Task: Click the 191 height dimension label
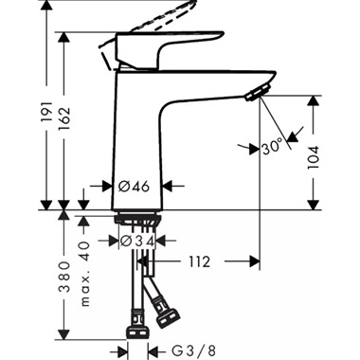[47, 112]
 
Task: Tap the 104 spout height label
[314, 157]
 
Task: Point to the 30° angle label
[272, 147]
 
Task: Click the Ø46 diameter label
[134, 187]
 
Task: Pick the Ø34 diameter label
[136, 242]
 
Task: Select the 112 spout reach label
[200, 261]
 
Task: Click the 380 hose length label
[64, 277]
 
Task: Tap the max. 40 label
[84, 274]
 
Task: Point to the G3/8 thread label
[194, 351]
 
